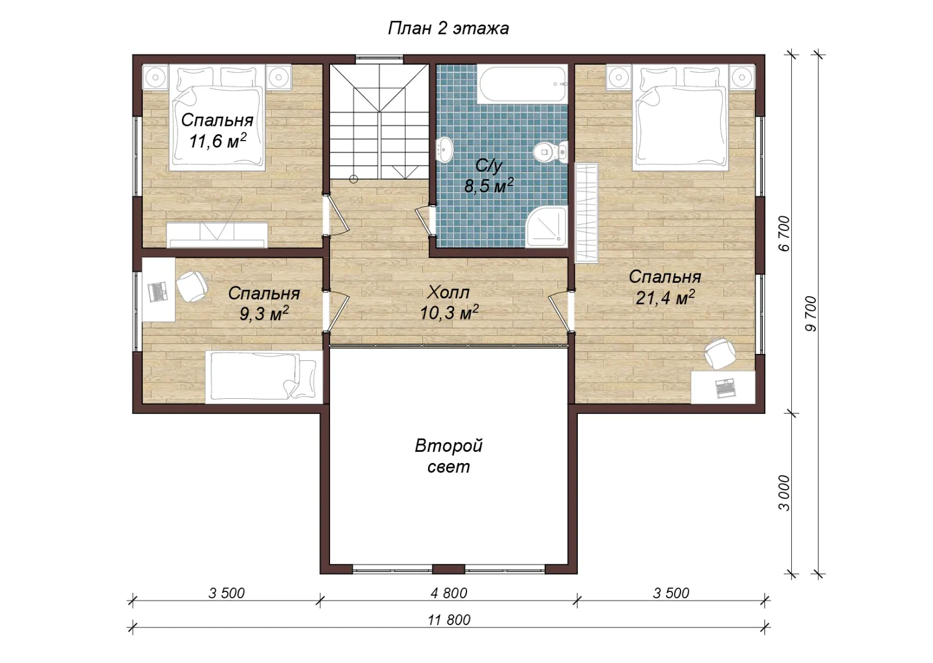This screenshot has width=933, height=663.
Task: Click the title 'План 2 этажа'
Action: [448, 29]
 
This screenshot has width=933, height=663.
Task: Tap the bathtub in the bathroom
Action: [521, 84]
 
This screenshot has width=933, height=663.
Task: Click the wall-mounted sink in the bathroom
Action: [445, 149]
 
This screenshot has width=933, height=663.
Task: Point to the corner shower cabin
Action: [546, 227]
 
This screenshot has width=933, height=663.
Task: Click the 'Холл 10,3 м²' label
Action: [448, 303]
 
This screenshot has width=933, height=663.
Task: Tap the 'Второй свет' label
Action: [448, 456]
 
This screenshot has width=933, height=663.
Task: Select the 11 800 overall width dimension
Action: [448, 620]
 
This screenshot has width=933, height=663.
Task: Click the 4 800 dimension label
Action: [448, 592]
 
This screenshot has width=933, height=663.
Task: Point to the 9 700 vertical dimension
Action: [811, 314]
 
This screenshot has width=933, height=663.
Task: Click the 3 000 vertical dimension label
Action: [784, 493]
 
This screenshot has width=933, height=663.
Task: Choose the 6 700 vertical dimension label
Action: [784, 234]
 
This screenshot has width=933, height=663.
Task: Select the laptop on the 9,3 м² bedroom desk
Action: [158, 292]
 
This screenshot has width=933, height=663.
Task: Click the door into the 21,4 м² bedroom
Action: [561, 311]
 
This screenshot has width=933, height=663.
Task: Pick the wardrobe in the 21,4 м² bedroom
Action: [587, 213]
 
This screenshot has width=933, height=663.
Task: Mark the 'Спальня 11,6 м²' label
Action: [217, 131]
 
